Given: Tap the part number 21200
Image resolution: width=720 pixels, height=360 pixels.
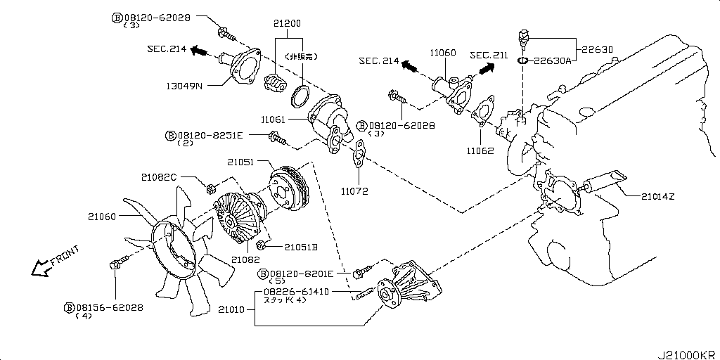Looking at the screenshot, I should tap(287, 22).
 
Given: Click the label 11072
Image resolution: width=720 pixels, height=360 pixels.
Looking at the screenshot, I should tap(355, 191).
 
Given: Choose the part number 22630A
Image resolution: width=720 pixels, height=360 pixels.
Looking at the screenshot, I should tap(555, 61).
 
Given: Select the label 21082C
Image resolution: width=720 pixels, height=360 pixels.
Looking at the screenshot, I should tap(160, 177).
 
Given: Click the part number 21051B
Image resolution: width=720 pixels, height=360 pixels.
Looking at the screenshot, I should tap(302, 247).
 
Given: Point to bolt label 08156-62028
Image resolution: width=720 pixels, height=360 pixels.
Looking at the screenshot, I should tap(109, 307).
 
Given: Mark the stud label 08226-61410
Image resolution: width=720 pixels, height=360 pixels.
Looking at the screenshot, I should tap(296, 291).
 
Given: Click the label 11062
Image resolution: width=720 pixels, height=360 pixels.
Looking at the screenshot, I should tap(480, 150).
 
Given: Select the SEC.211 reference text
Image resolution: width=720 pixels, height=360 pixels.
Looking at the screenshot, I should tap(488, 55).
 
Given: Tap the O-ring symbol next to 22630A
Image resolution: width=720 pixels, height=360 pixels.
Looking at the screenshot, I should tap(522, 61).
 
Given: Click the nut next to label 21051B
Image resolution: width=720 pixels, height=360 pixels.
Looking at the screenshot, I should tap(262, 245).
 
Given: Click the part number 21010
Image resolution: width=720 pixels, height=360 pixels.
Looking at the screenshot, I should tap(232, 309).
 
